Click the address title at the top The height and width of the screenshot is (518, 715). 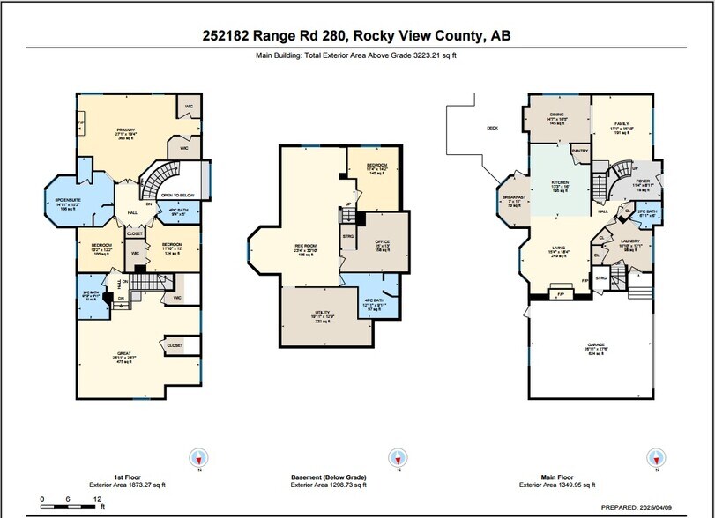pyautogui.click(x=357, y=36)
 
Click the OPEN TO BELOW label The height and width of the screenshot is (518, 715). pyautogui.click(x=177, y=196)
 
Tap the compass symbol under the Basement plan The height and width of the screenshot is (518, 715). pyautogui.click(x=398, y=457)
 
